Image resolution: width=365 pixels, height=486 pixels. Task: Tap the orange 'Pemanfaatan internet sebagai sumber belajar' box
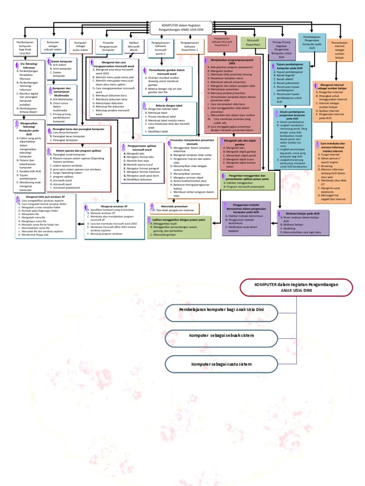tap(339, 49)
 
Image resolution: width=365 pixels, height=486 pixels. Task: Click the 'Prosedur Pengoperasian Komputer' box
tap(108, 46)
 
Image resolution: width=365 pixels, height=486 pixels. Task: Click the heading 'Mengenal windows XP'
tap(106, 207)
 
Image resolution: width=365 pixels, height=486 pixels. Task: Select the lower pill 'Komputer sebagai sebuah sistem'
tap(222, 336)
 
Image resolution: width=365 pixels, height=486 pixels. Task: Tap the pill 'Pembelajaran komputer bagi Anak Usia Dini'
tap(222, 309)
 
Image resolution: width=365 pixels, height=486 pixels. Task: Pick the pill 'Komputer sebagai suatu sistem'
tap(222, 364)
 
